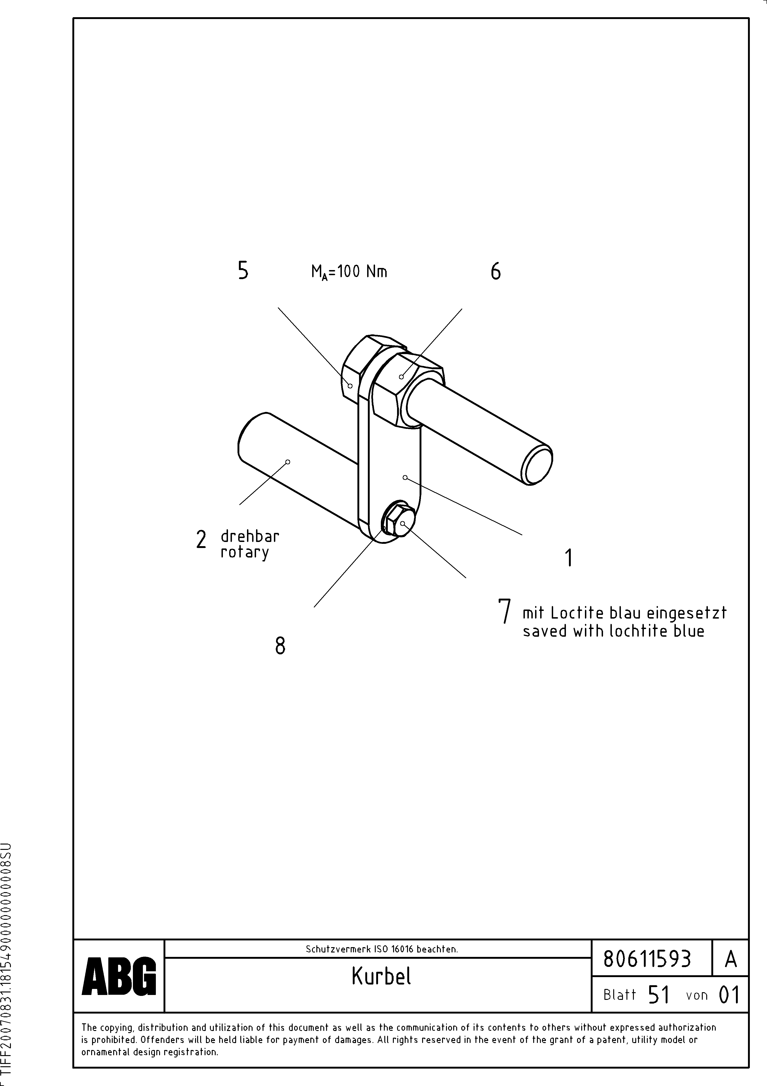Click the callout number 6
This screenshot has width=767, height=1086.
pos(495,271)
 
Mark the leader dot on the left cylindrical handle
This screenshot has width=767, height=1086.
pos(288,462)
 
